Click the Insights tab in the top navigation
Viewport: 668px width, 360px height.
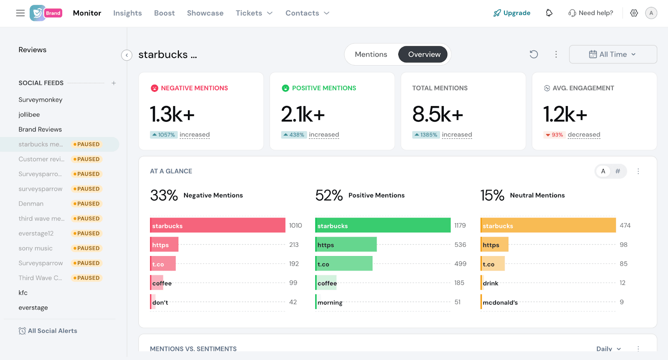127,13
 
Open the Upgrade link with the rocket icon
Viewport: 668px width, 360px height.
512,13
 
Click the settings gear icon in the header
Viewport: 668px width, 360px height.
634,13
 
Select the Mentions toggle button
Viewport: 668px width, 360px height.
371,54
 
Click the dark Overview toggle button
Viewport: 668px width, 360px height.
424,54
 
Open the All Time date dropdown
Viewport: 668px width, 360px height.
612,54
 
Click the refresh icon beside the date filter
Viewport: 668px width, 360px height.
534,54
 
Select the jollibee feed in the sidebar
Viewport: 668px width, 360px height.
29,114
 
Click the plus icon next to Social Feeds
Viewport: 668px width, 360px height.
114,83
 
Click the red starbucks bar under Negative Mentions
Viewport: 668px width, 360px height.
217,225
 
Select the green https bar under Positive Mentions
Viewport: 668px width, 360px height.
346,244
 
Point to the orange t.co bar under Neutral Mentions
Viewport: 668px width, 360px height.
493,264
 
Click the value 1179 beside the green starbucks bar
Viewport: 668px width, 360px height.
460,226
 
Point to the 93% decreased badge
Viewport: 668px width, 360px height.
554,135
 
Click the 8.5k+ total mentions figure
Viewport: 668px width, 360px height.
438,114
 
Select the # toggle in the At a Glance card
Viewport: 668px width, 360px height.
618,171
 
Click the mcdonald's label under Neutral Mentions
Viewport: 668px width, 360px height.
500,302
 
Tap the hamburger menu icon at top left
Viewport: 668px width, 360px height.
20,13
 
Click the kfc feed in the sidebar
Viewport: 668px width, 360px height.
23,293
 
